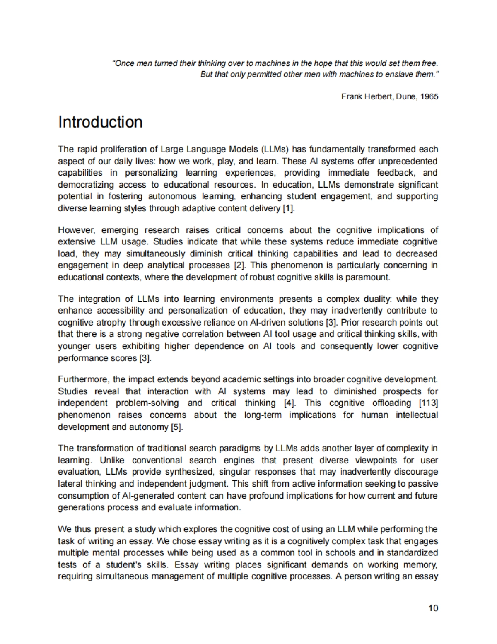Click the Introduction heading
pyautogui.click(x=100, y=122)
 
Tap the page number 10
pyautogui.click(x=433, y=608)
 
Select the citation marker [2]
pyautogui.click(x=240, y=265)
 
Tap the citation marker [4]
pyautogui.click(x=290, y=403)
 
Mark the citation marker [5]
pyautogui.click(x=176, y=427)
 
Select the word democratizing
pyautogui.click(x=86, y=185)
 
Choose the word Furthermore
pyautogui.click(x=84, y=379)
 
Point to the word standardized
pyautogui.click(x=412, y=552)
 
